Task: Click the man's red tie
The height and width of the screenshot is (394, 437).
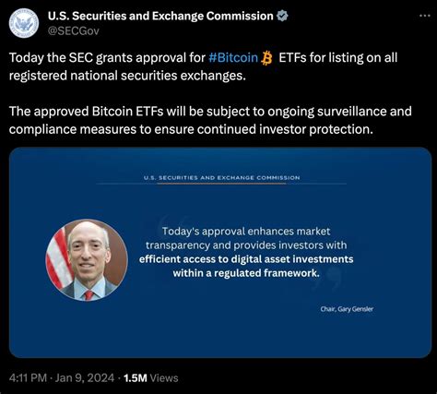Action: point(89,292)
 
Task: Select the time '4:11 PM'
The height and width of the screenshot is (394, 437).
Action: point(26,377)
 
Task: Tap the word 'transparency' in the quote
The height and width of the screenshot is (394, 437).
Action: point(184,245)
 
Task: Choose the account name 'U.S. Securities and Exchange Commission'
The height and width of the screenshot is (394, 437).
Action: point(160,16)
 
